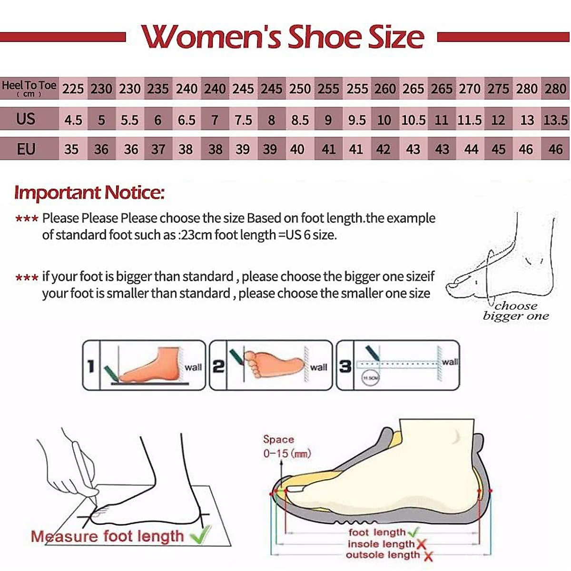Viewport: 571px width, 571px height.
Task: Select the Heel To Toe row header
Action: click(x=29, y=88)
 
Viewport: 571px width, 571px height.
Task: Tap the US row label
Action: click(x=26, y=119)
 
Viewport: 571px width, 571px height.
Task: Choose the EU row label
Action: click(x=26, y=149)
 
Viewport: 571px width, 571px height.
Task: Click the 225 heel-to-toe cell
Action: click(x=73, y=89)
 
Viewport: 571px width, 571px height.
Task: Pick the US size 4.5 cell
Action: click(x=73, y=120)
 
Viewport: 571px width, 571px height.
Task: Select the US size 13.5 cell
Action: click(x=555, y=120)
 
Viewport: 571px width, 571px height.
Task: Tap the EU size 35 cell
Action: click(x=71, y=149)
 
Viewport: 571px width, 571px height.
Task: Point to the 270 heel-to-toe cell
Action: click(x=469, y=89)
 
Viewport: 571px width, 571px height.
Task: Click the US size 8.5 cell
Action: click(x=300, y=120)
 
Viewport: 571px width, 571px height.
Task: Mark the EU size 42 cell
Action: click(x=383, y=149)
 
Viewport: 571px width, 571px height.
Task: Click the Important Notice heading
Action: click(x=89, y=193)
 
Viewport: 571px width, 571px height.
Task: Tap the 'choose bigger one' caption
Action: click(x=516, y=311)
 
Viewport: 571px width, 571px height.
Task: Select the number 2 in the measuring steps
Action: click(x=218, y=366)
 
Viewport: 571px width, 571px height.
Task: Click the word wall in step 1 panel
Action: click(x=193, y=367)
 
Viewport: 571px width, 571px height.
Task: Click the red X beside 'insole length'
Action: click(x=421, y=544)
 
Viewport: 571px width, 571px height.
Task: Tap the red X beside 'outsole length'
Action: click(x=428, y=556)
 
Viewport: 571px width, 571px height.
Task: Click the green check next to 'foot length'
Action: click(x=413, y=532)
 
